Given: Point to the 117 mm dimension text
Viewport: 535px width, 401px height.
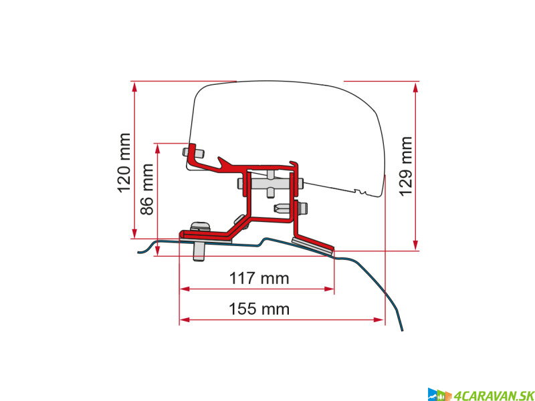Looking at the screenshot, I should (257, 278).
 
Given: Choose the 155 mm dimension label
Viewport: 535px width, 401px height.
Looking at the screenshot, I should (257, 309).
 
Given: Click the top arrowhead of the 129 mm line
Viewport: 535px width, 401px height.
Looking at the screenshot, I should (416, 86).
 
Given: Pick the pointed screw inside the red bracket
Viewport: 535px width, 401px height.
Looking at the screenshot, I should (284, 208).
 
